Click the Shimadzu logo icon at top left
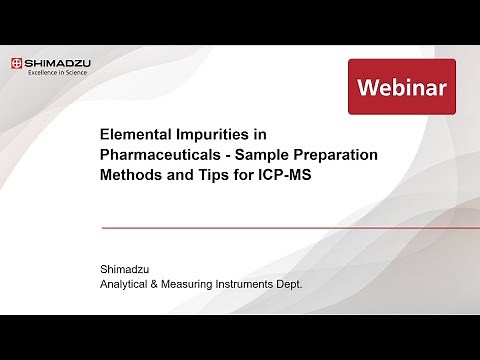coord(18,65)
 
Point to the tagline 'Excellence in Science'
coord(58,74)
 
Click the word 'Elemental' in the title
coord(137,132)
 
